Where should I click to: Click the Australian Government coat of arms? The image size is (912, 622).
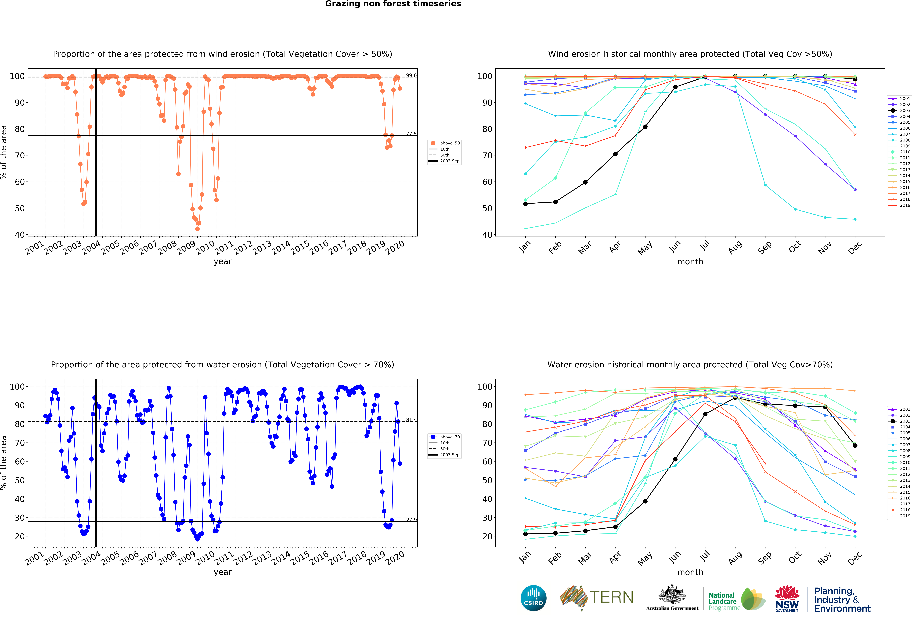coord(672,594)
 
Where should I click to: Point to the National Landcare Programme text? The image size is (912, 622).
coord(723,601)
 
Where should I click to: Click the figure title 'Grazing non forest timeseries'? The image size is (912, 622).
coord(393,4)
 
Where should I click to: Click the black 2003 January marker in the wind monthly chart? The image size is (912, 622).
coord(525,203)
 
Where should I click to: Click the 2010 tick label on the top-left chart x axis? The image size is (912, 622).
coord(205,248)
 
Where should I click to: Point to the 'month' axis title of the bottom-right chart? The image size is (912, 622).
coord(690,572)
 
